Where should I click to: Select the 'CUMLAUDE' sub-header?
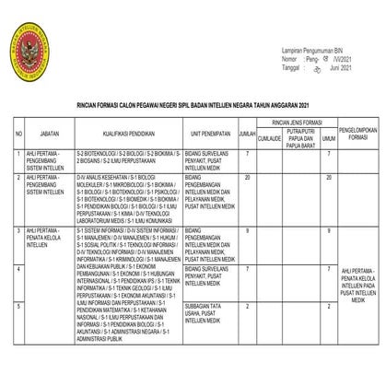coord(269,140)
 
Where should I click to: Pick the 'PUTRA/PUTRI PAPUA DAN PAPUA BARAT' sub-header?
coord(301,140)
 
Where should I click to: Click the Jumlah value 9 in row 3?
coord(248,228)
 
